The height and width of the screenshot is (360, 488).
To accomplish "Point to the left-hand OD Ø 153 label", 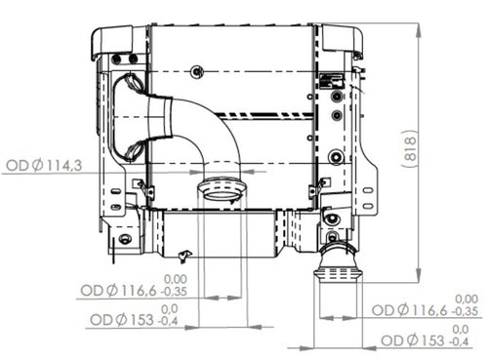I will point(121,319).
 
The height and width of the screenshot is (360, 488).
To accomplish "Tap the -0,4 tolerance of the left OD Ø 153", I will point(169,320).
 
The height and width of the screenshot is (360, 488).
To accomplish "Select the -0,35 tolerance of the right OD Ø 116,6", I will point(466,311).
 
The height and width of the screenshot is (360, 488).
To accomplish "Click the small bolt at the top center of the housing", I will point(198,70).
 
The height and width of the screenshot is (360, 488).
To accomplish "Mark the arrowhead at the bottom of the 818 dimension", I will point(419,278).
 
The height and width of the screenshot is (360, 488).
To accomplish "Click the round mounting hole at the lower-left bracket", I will point(125,239).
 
